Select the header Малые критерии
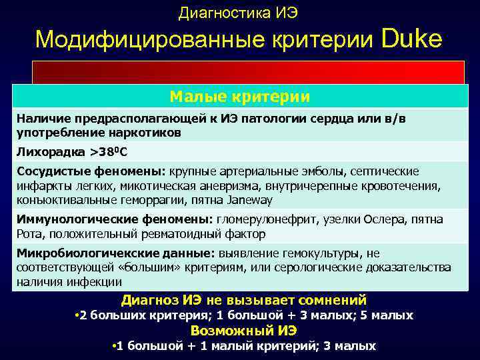[x=240, y=97]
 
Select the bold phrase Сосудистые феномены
[x=91, y=171]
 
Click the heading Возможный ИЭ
[x=243, y=331]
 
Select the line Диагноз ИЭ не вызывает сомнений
[x=243, y=300]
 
